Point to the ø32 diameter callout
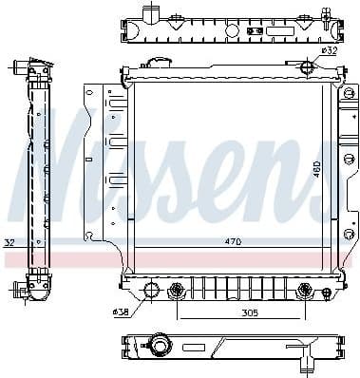[329, 50]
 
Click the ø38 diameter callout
[120, 311]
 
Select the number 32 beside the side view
[9, 243]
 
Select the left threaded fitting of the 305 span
[175, 290]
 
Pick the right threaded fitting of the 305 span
[303, 290]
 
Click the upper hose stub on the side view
[21, 66]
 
